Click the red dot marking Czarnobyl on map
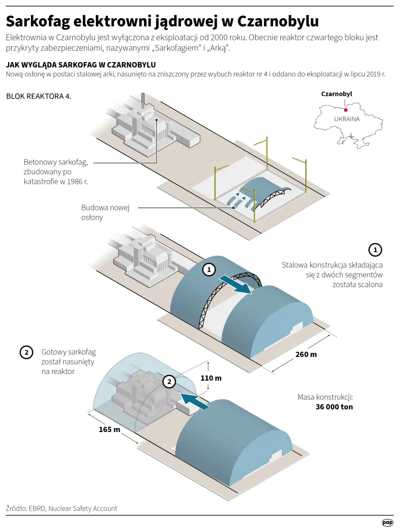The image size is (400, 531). (345, 110)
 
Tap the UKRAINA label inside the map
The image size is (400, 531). (346, 120)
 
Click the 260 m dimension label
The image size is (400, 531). (306, 354)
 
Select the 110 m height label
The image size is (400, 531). (211, 378)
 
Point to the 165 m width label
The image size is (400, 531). (109, 430)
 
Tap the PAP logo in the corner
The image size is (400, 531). (387, 522)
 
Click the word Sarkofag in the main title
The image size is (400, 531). (38, 21)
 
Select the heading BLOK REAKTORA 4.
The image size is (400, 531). (38, 96)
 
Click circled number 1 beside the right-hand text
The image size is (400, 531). (375, 249)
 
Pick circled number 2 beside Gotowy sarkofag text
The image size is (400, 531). (26, 352)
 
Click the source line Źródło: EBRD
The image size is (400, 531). (61, 508)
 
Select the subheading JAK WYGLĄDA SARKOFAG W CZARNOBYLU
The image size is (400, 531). (80, 65)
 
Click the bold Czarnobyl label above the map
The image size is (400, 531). (336, 94)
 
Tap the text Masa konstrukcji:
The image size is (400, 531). (325, 397)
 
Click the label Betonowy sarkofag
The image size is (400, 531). (56, 163)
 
